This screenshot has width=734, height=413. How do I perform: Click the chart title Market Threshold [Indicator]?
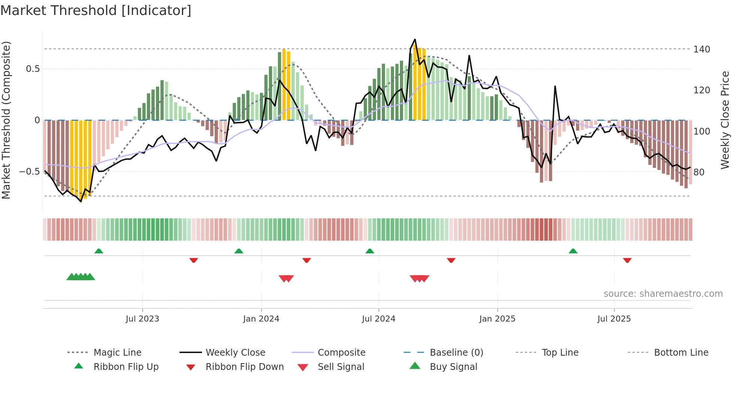(x=96, y=10)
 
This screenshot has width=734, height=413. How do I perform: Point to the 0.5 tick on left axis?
(x=33, y=69)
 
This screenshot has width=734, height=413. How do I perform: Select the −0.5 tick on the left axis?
(x=30, y=172)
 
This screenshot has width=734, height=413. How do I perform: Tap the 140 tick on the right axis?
(x=701, y=49)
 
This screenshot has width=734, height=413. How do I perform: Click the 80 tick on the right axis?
(x=699, y=172)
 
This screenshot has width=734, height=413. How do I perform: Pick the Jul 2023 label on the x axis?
(x=142, y=319)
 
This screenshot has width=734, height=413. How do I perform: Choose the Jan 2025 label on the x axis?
(x=497, y=319)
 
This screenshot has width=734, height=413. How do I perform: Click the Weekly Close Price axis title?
(x=725, y=120)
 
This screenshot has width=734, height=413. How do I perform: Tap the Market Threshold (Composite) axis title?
(x=6, y=120)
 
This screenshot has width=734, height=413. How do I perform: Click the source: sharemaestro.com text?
(x=663, y=294)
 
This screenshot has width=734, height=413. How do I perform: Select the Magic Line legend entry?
(x=117, y=353)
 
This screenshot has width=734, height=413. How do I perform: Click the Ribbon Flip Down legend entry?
(x=245, y=367)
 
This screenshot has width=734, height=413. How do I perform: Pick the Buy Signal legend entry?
(x=453, y=367)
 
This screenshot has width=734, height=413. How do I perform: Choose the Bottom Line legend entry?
(x=681, y=353)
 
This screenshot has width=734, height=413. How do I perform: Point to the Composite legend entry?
(x=341, y=353)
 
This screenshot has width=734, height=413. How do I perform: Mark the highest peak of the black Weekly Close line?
(x=415, y=39)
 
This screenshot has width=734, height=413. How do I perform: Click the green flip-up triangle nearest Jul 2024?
(x=370, y=251)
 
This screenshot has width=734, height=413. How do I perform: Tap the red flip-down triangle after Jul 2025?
(x=627, y=260)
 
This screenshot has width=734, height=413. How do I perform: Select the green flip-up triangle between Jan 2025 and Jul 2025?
(x=573, y=251)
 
